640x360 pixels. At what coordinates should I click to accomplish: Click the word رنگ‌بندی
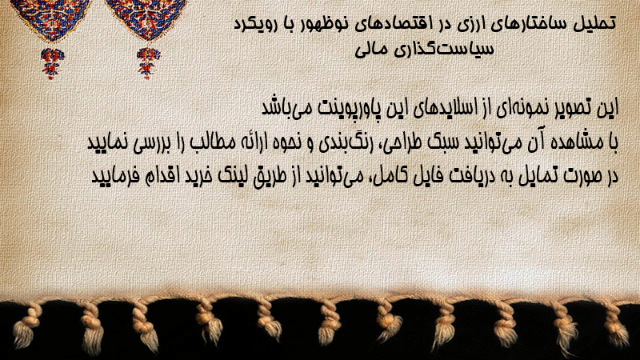[338, 143]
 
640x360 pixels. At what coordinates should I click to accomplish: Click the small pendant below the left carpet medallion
[51, 63]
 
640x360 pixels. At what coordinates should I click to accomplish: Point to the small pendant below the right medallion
[148, 63]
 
